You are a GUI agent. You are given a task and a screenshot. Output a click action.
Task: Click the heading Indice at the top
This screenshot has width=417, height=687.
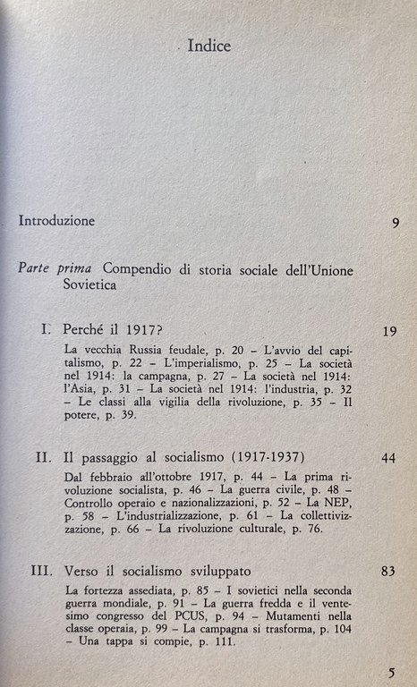[x=208, y=46]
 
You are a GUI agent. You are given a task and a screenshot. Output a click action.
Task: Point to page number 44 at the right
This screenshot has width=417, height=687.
[x=387, y=484]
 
